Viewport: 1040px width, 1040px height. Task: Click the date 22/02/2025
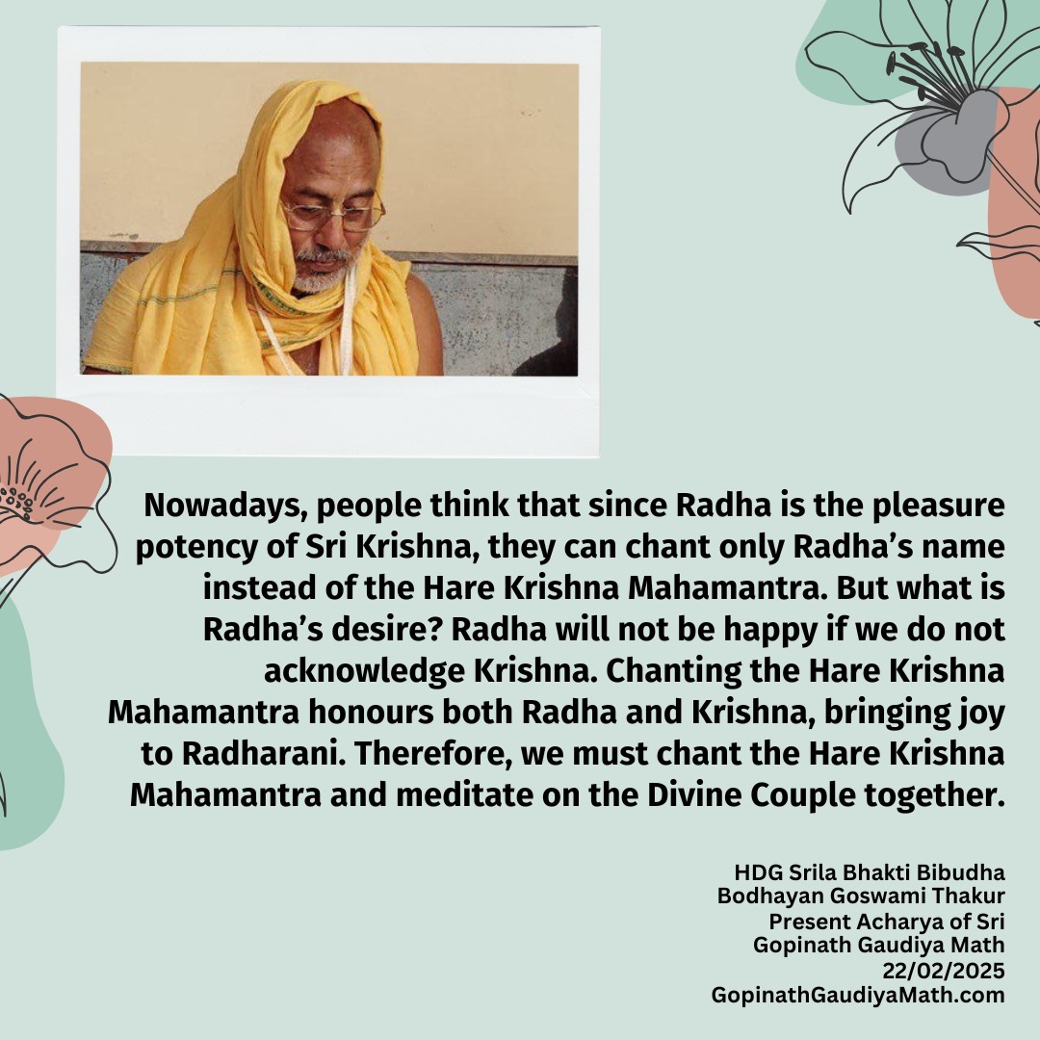click(943, 971)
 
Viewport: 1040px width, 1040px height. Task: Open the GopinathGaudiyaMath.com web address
click(858, 996)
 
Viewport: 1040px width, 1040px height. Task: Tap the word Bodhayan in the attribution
click(770, 897)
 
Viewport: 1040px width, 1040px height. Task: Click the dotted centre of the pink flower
click(17, 502)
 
